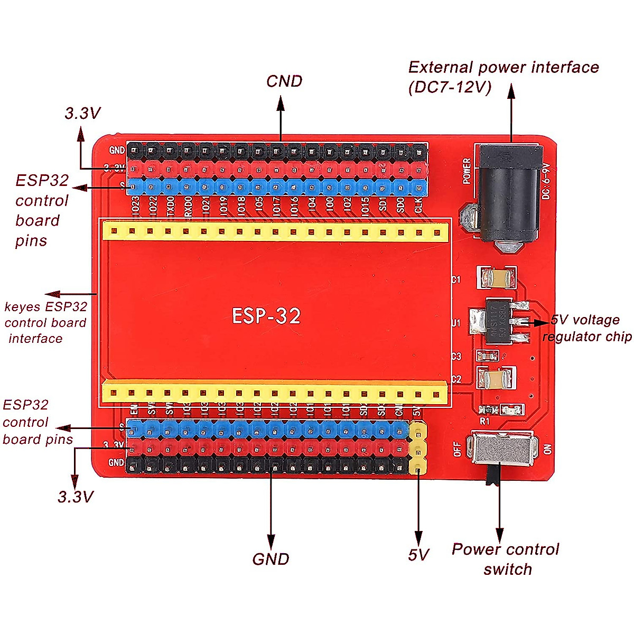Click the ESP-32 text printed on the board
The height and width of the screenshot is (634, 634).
(x=266, y=316)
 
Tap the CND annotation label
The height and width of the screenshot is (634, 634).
(x=284, y=81)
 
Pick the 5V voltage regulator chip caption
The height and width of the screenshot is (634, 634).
(x=586, y=328)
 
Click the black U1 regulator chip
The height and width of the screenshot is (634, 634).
(x=499, y=321)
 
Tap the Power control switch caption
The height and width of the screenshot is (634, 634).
(x=506, y=559)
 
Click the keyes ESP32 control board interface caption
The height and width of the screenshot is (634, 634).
(x=45, y=322)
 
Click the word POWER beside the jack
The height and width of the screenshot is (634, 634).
(x=467, y=171)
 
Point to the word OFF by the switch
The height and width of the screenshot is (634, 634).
(x=458, y=450)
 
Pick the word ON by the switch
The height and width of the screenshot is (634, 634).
(x=547, y=449)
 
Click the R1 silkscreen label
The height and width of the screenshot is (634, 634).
(x=484, y=422)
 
